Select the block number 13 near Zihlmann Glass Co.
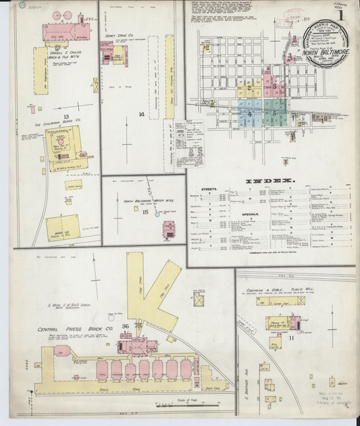66,117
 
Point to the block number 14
141,115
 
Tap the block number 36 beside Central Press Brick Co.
126,327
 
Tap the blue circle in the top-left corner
22,5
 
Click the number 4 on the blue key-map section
249,113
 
